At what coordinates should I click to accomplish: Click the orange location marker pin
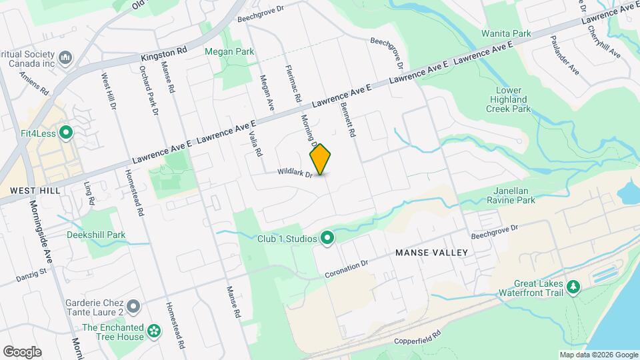click(x=321, y=159)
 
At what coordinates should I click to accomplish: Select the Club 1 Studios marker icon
click(x=327, y=238)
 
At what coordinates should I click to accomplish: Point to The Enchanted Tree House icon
click(x=154, y=331)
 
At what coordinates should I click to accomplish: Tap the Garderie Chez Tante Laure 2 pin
click(x=133, y=307)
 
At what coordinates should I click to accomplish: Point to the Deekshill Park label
click(x=96, y=235)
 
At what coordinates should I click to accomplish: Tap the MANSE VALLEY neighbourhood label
click(x=431, y=253)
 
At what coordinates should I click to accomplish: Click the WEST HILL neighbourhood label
click(x=35, y=191)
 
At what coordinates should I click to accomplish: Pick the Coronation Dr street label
click(x=347, y=269)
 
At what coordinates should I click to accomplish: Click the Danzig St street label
click(x=31, y=273)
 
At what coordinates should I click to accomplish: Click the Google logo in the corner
click(x=22, y=351)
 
